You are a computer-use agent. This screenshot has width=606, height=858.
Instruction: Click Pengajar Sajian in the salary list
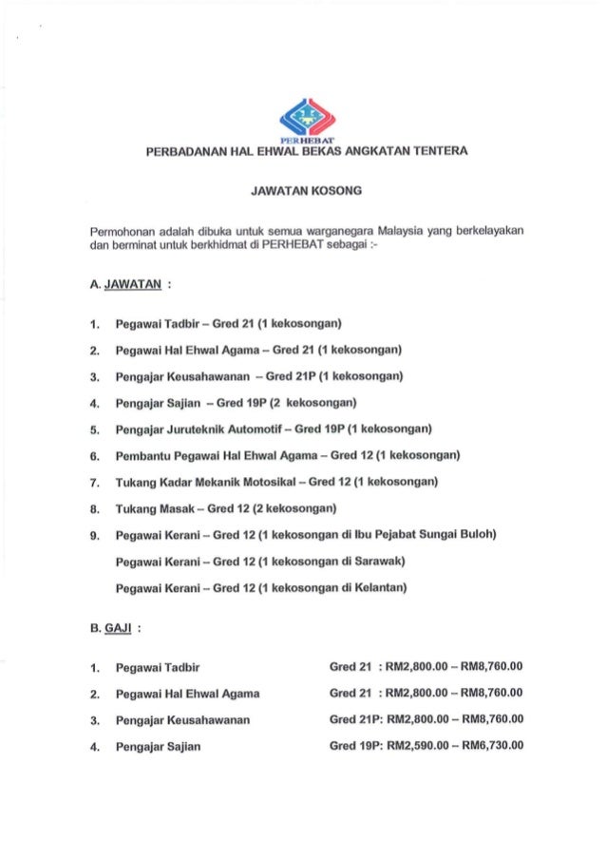[158, 746]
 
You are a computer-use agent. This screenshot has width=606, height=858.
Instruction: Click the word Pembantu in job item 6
[143, 455]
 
